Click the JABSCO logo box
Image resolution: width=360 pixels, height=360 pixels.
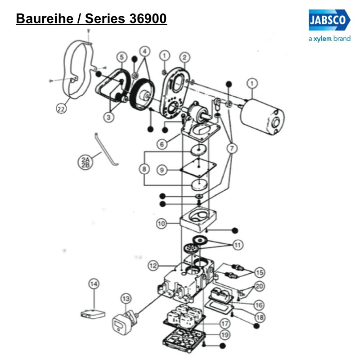coord(329,21)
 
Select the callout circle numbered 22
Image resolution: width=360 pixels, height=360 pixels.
coord(61,108)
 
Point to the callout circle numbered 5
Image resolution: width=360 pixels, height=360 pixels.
coord(121,57)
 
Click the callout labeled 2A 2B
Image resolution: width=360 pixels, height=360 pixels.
coord(84,162)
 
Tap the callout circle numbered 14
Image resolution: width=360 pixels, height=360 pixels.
coord(94,284)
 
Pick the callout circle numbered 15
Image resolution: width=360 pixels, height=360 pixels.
coord(260,272)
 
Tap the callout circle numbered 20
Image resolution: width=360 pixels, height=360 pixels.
coord(260,286)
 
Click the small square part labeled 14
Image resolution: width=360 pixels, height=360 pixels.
coord(93,312)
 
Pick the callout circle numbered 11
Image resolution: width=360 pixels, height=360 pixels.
coord(237,245)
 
